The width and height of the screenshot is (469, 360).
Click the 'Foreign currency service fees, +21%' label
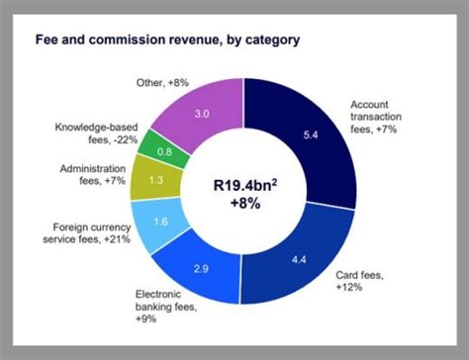pyautogui.click(x=88, y=232)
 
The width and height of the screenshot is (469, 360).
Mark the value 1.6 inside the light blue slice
pyautogui.click(x=162, y=224)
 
